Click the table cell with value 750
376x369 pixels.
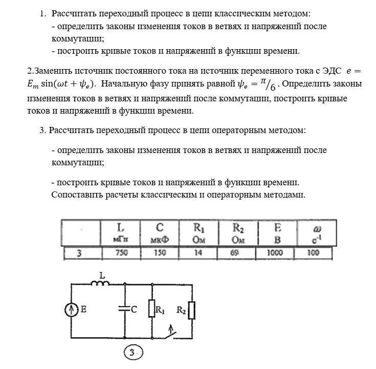click(x=121, y=253)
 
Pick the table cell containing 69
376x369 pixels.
click(x=238, y=253)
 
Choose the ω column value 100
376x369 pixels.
click(x=313, y=253)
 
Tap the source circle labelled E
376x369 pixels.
click(x=72, y=309)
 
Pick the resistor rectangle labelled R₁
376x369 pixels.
click(x=152, y=309)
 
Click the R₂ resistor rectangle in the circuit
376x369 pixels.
click(x=191, y=310)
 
